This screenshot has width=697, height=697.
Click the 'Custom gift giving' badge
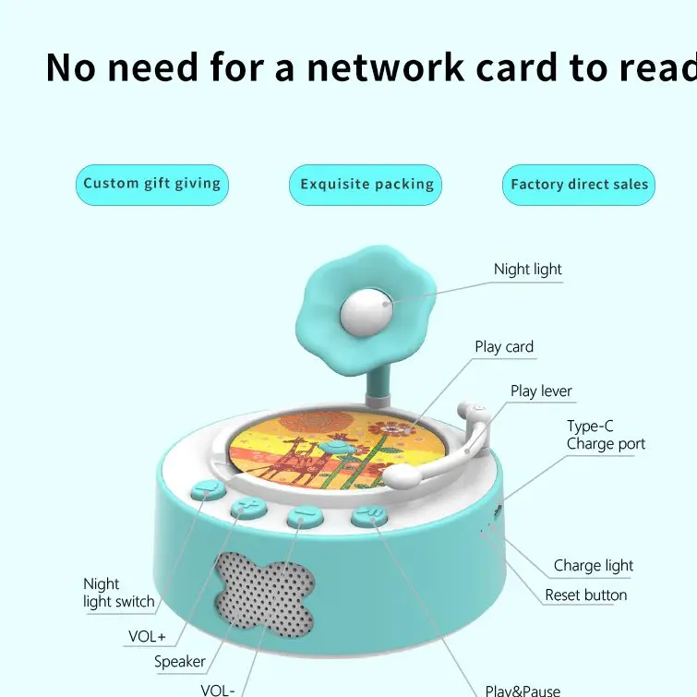[151, 184]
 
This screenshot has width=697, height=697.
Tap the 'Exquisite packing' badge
[367, 185]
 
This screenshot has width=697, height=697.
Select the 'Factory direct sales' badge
[579, 185]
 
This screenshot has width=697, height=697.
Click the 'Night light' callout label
[527, 270]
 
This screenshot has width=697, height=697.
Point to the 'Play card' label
[504, 347]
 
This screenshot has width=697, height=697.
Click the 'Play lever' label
[541, 391]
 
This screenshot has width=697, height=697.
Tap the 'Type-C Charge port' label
[606, 435]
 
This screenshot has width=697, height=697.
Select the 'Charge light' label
[594, 566]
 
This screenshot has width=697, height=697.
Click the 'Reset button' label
[585, 595]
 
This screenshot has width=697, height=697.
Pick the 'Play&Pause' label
[523, 690]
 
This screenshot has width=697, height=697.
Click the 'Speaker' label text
[180, 661]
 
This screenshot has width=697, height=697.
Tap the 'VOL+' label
[147, 636]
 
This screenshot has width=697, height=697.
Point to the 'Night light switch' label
[119, 593]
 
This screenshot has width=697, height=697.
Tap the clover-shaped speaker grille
[262, 596]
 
